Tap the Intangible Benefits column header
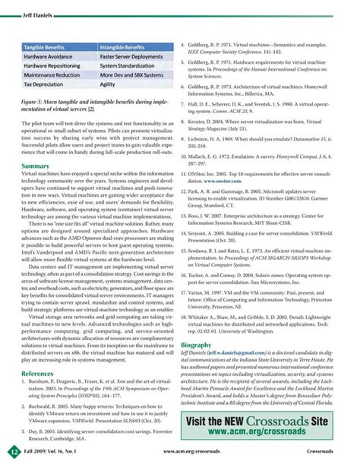pos(126,47)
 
